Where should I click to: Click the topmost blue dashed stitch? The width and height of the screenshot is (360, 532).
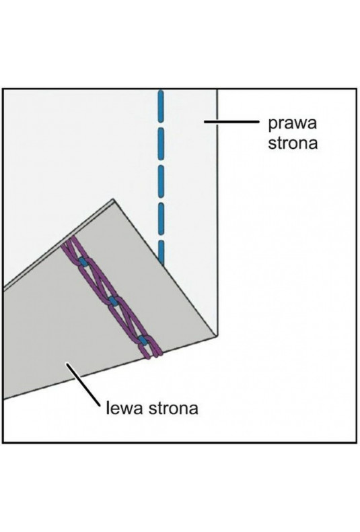(161, 106)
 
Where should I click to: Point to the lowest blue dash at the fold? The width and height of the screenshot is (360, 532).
(161, 253)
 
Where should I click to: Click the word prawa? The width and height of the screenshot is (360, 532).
(292, 124)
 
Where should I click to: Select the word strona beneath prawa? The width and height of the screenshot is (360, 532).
(293, 143)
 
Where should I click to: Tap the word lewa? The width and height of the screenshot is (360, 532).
(124, 408)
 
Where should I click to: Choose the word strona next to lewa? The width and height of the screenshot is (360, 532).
(173, 408)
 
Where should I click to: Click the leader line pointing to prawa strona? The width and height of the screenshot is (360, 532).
(231, 121)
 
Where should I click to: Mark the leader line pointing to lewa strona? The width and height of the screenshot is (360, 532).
(83, 385)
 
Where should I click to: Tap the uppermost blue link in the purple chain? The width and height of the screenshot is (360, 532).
(83, 261)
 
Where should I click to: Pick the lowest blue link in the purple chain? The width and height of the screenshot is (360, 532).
(143, 340)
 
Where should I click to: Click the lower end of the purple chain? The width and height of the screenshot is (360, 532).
(155, 354)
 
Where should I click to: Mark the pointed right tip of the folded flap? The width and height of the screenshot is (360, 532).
(216, 336)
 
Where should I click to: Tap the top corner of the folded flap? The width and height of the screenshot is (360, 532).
(113, 199)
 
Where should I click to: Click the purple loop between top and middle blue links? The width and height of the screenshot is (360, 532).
(98, 281)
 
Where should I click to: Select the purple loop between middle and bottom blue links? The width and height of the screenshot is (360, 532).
(128, 321)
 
